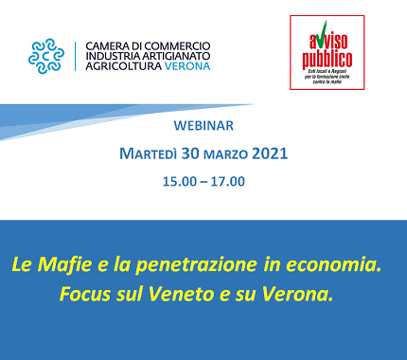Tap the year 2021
[x=271, y=153]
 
